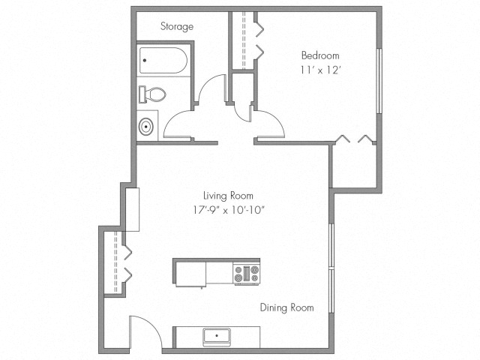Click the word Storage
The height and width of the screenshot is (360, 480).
[177, 26]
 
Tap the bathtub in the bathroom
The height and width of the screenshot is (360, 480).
[163, 61]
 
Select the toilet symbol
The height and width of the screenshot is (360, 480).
[152, 94]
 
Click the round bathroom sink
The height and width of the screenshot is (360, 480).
[146, 125]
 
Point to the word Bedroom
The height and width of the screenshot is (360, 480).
[320, 55]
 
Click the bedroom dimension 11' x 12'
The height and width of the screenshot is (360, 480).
[320, 71]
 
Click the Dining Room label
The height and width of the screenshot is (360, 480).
[286, 307]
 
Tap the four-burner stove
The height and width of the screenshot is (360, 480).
[246, 274]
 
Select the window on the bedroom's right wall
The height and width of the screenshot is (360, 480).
[379, 82]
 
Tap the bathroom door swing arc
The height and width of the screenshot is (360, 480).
[177, 120]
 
